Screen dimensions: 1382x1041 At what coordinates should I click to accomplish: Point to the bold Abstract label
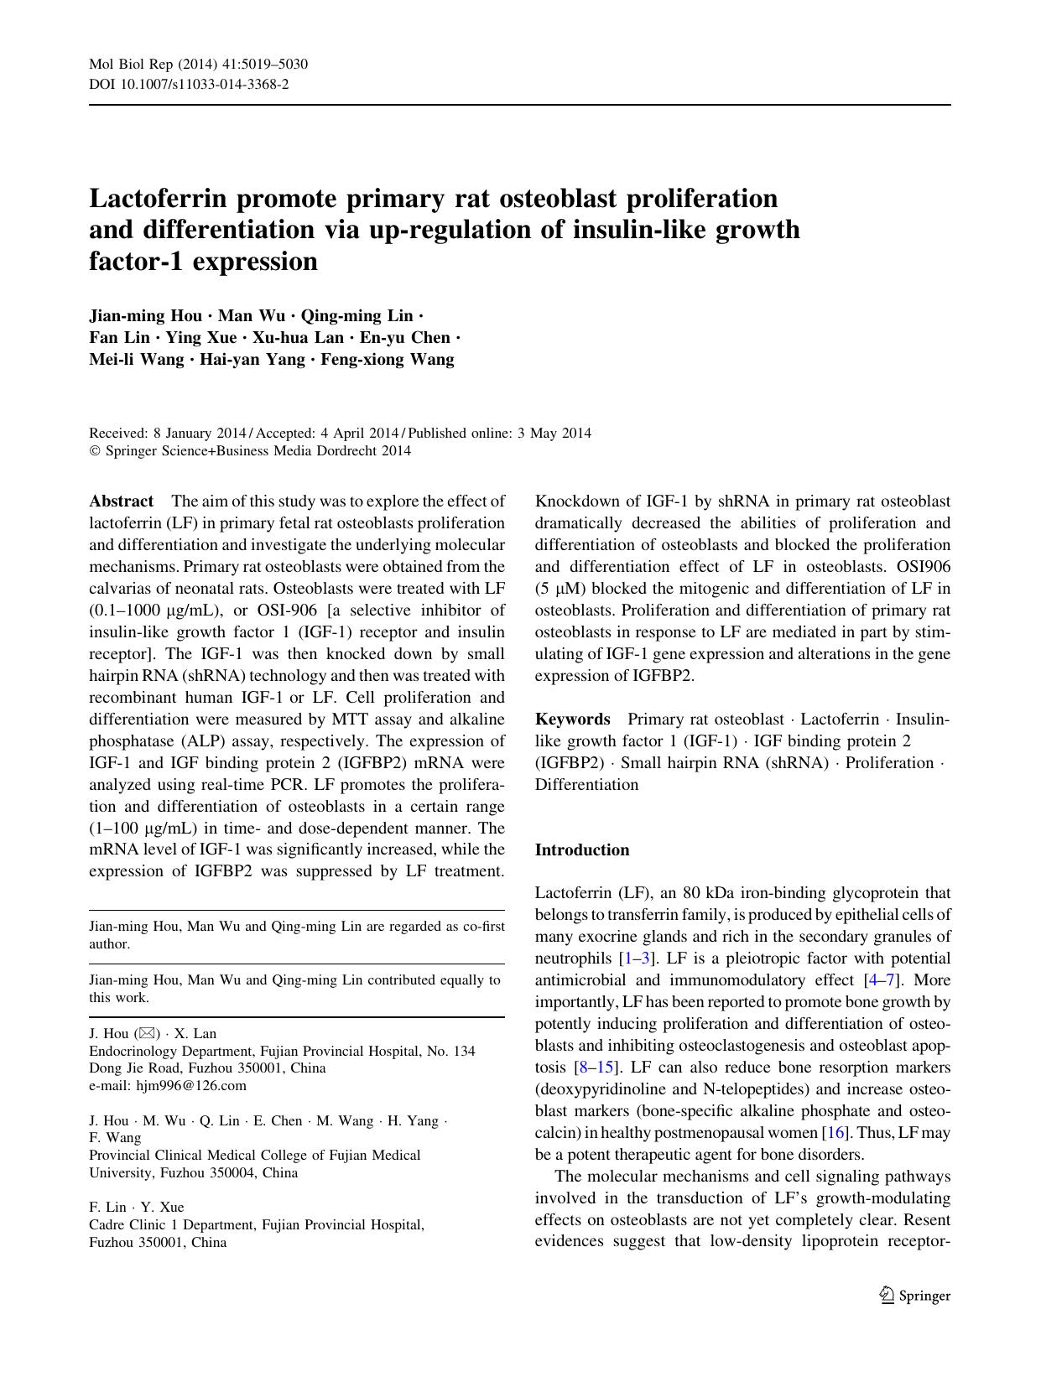click(121, 501)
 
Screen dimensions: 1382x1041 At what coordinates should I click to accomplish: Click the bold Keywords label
click(572, 720)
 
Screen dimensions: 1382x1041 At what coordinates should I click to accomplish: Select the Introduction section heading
click(581, 849)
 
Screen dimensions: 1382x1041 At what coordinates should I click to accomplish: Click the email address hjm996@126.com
click(191, 1086)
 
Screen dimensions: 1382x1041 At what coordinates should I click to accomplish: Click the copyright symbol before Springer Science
click(94, 451)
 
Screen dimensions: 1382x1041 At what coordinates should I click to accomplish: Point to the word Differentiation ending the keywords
click(586, 785)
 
